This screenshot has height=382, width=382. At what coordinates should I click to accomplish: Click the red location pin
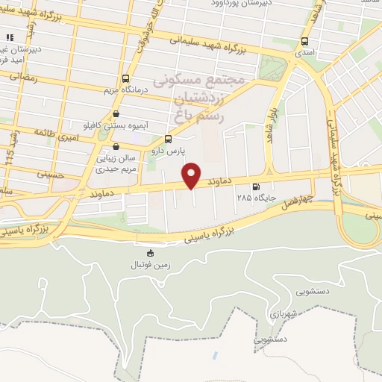click(x=192, y=174)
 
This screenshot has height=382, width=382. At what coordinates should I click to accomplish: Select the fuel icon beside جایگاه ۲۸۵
click(x=257, y=187)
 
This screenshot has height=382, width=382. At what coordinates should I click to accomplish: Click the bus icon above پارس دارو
click(x=168, y=139)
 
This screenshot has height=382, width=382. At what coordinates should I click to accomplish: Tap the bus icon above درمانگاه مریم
click(x=125, y=78)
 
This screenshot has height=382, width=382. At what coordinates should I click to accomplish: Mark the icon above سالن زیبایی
click(x=113, y=147)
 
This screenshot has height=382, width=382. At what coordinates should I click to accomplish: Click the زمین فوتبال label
click(x=151, y=265)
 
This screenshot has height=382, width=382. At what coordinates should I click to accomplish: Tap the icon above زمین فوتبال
click(x=151, y=254)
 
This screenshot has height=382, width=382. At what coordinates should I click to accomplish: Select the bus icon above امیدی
click(x=304, y=42)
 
